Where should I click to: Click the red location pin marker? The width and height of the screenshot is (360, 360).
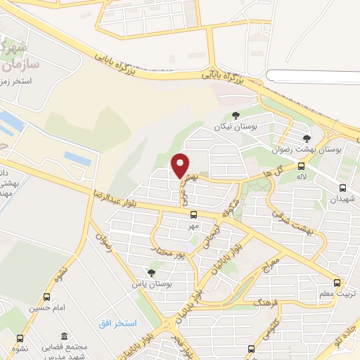(x=181, y=165)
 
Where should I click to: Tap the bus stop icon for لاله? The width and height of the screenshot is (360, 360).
(x=301, y=167)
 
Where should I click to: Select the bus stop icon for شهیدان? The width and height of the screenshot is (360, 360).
(x=342, y=188)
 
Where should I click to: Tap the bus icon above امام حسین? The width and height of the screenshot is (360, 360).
(x=47, y=297)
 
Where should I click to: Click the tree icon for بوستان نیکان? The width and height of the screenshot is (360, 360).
(x=236, y=115)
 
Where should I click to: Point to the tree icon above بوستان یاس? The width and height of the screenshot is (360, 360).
(x=151, y=273)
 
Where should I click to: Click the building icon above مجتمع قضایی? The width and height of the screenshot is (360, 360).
(x=64, y=336)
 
